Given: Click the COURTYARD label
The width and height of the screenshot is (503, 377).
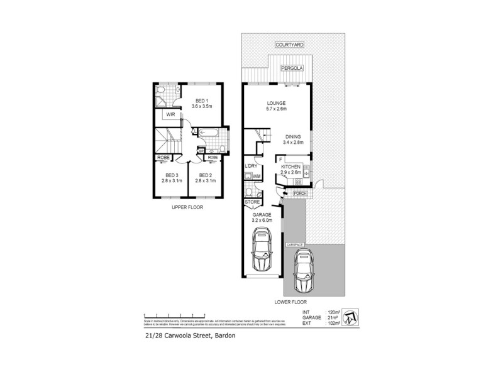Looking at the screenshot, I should pyautogui.click(x=289, y=45).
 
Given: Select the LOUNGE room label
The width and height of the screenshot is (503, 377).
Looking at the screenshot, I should pyautogui.click(x=277, y=103).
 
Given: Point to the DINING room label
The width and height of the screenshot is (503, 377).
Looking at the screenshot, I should pyautogui.click(x=293, y=137).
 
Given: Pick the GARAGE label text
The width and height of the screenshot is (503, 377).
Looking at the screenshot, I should pyautogui.click(x=262, y=214).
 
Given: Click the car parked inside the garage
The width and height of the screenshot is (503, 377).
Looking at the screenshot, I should pyautogui.click(x=262, y=250).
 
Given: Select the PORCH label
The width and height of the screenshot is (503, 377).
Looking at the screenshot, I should pyautogui.click(x=299, y=194).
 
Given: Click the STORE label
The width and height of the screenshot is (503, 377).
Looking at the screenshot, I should pyautogui.click(x=252, y=202).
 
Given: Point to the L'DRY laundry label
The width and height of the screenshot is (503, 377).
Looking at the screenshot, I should pyautogui.click(x=250, y=166).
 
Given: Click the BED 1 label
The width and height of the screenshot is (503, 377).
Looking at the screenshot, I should pyautogui.click(x=201, y=101).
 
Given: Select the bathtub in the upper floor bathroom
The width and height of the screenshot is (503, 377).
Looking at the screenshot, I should pyautogui.click(x=209, y=133).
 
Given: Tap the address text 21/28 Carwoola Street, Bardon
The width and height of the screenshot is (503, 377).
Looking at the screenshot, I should pyautogui.click(x=180, y=336).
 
